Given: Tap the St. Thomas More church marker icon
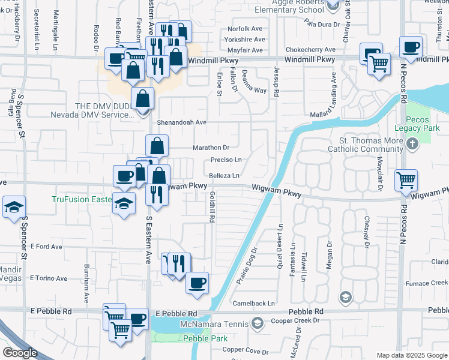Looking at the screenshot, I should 412,144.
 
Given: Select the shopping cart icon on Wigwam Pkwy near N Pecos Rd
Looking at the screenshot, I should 406,180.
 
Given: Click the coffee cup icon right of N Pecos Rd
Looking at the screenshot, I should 411,48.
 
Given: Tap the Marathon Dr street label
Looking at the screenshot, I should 211,147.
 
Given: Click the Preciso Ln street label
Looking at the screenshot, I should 226,160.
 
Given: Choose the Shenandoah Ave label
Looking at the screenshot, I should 182,122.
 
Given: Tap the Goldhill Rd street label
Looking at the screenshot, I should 212,208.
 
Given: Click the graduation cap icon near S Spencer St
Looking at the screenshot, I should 14,208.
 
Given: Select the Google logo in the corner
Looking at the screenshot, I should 20,353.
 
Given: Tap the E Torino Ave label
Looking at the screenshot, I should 49,278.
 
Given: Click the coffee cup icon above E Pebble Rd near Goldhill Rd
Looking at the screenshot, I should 196,283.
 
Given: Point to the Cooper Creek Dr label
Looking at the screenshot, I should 294,320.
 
